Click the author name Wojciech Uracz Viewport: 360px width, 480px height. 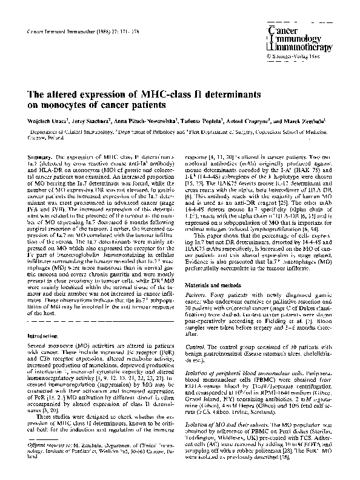click(44, 121)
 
